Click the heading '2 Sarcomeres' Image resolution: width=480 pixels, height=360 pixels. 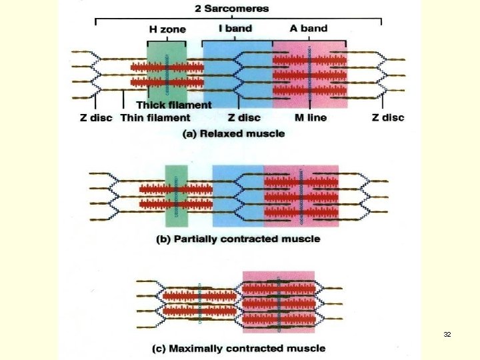232,9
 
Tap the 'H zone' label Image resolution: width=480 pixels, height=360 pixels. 167,29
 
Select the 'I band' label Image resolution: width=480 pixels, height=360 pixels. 235,29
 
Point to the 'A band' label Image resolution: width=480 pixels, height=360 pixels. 309,29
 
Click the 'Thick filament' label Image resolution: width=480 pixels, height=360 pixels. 174,105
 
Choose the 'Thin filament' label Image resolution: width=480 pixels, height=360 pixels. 155,118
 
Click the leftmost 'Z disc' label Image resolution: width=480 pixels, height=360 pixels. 96,118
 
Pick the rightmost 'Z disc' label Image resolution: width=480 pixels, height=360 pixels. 387,118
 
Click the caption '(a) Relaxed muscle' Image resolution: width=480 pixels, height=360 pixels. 233,133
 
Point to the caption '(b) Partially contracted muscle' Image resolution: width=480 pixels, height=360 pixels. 238,239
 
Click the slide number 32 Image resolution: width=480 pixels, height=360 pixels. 447,333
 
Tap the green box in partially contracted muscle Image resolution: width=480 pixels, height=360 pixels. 177,194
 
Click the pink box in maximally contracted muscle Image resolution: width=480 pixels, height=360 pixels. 278,301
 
